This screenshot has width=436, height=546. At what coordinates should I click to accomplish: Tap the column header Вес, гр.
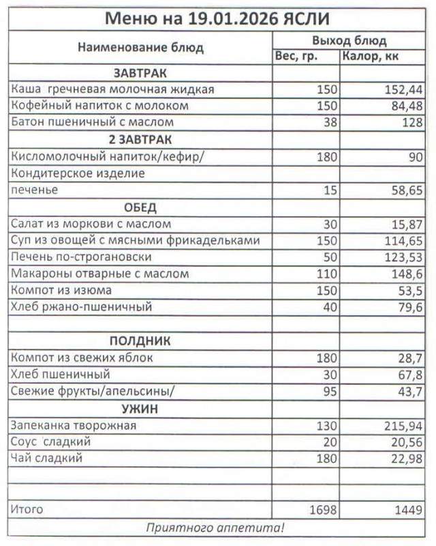(x=296, y=57)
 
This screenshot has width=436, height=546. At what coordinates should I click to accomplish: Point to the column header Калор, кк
(x=371, y=57)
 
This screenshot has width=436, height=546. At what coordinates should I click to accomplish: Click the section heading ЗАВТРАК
(x=140, y=73)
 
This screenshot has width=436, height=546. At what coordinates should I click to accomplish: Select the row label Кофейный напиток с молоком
(x=100, y=106)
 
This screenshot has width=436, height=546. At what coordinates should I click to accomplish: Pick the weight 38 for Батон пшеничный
(x=330, y=123)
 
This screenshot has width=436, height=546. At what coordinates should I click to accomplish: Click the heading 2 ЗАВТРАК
(x=140, y=139)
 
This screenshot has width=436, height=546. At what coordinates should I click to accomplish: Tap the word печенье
(x=34, y=190)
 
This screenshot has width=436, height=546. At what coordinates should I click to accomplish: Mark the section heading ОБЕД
(x=140, y=207)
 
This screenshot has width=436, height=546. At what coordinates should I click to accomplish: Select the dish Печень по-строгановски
(x=81, y=257)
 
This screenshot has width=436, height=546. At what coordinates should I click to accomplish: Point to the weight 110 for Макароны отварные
(x=327, y=274)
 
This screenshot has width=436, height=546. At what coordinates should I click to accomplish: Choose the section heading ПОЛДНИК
(x=140, y=341)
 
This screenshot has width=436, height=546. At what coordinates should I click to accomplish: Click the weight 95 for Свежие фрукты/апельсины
(x=330, y=391)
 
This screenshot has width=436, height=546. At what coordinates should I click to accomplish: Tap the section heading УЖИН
(x=140, y=408)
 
